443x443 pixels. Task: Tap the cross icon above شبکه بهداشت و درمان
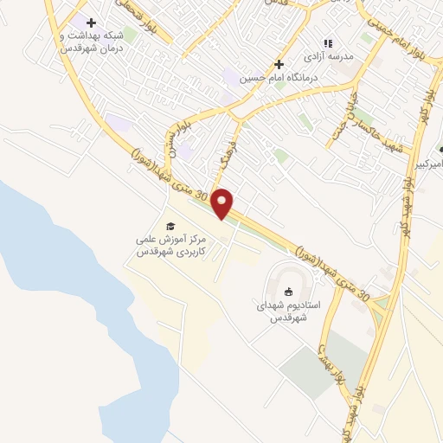pos(91,22)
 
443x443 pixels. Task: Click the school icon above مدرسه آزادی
pos(327,42)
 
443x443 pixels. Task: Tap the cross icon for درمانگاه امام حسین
pos(279,63)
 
